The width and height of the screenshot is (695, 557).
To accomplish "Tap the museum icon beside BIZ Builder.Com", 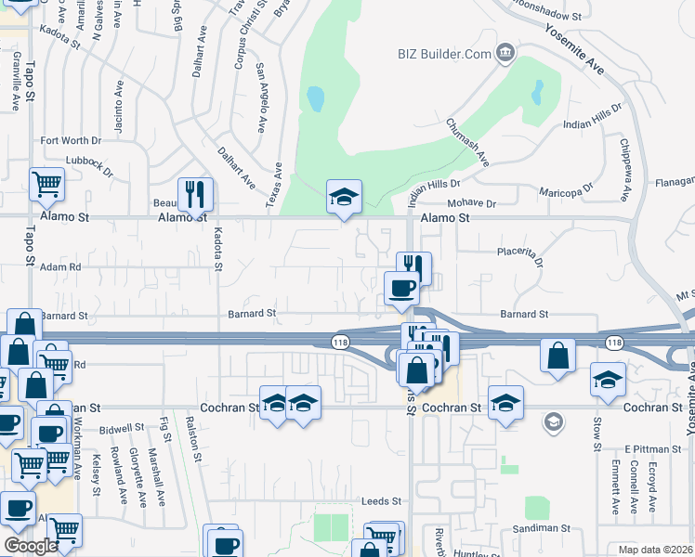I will coord(505,52).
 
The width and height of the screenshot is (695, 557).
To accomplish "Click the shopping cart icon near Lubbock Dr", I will coord(46,184).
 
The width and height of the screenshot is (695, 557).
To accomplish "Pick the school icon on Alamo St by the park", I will coord(344,197).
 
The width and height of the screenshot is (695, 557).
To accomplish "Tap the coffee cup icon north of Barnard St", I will coord(401,288).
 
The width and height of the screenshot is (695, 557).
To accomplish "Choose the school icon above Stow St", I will coord(608,380).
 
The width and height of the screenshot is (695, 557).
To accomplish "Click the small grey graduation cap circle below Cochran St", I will coord(554,423).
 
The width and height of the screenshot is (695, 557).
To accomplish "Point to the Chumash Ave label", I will coord(466,142).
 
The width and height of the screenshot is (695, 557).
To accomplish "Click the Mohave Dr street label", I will coord(472,203).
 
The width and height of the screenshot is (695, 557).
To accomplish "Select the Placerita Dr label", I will coord(518,251).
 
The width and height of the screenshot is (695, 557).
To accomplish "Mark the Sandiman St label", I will coord(539,527).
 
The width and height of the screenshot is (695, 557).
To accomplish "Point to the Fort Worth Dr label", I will coord(71,141).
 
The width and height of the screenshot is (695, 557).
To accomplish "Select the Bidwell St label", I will coord(122,429).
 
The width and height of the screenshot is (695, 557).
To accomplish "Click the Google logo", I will coord(31,547).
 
